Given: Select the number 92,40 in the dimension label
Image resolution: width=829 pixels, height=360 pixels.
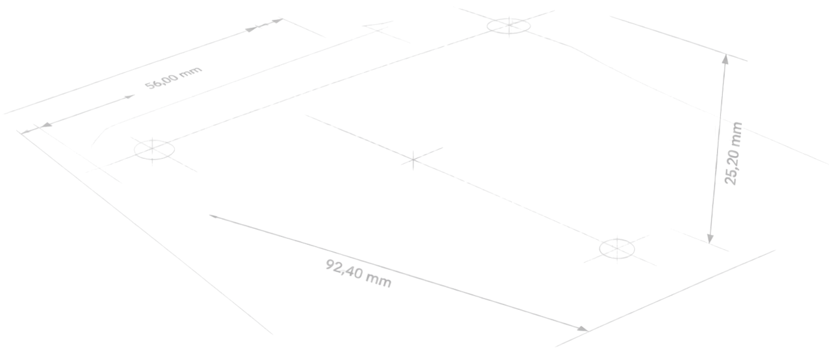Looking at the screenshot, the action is click(344, 269).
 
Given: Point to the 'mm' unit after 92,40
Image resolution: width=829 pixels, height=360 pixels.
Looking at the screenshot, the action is click(378, 280).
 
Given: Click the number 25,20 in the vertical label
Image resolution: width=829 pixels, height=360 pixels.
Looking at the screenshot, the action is click(732, 165).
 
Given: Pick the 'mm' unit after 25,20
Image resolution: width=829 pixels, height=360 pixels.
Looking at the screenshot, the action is click(735, 133).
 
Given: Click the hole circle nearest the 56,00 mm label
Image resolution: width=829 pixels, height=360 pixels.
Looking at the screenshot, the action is click(154, 150).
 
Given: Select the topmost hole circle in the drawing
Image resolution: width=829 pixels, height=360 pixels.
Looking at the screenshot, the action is click(508, 26).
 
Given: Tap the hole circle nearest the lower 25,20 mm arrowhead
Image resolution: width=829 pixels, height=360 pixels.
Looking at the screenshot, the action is click(617, 249).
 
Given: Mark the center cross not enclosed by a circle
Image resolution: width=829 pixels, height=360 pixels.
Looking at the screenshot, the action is click(413, 160).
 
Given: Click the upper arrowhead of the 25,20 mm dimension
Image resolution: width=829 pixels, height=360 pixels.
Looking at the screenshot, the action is click(726, 59).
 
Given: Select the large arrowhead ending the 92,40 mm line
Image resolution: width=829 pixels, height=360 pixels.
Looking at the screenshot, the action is click(583, 329).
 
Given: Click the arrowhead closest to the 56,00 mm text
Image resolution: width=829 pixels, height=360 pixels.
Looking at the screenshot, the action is click(130, 97).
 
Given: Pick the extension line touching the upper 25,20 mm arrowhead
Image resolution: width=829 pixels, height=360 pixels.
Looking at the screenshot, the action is click(678, 38).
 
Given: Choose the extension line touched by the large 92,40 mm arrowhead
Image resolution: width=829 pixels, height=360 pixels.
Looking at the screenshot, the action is click(665, 299).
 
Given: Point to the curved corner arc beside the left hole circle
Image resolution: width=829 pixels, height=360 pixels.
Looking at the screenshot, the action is click(100, 135).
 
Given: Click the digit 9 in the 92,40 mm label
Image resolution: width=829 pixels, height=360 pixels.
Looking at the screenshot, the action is click(330, 265).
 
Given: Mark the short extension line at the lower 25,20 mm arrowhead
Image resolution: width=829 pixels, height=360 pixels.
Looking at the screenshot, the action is click(699, 240).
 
